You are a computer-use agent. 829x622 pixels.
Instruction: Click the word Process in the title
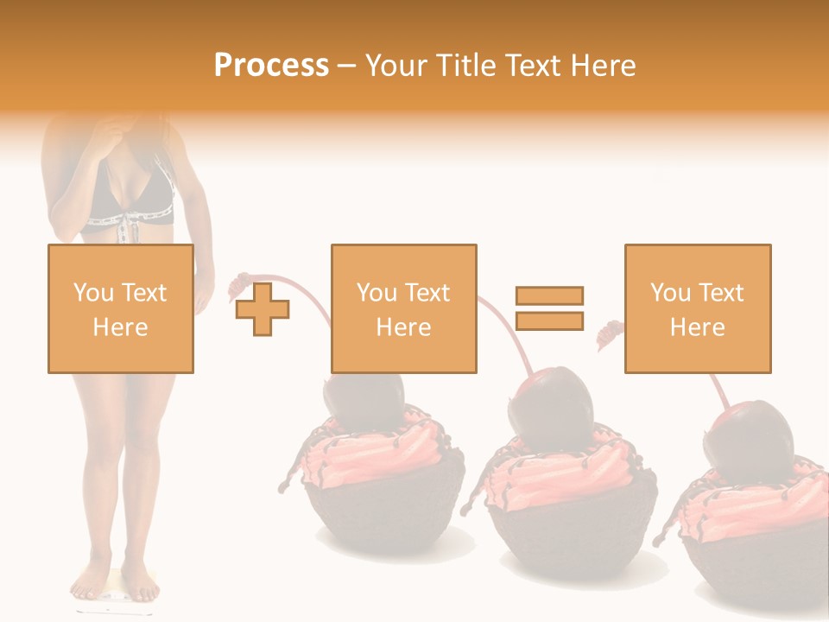tap(271, 66)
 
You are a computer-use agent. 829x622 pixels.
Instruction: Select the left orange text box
tap(120, 308)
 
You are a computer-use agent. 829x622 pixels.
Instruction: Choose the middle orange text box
tap(403, 308)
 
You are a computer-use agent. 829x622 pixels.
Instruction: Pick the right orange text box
tap(697, 308)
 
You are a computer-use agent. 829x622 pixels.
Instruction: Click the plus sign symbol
tap(263, 308)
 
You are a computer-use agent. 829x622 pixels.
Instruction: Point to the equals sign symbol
tap(549, 308)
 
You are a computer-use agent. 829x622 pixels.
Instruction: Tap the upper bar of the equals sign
tap(549, 295)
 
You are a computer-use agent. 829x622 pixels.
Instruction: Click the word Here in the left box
tap(120, 327)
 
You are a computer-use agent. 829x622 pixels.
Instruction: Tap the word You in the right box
tap(670, 293)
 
